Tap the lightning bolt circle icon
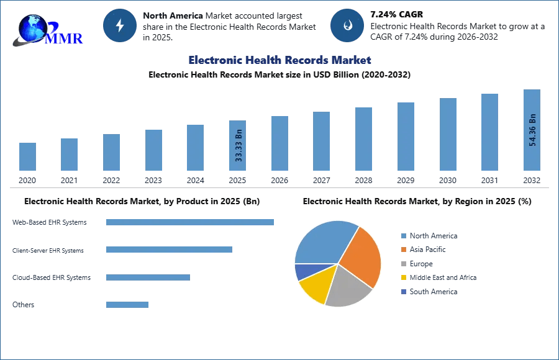(x=120, y=25)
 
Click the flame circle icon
(x=347, y=25)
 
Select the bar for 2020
(x=27, y=156)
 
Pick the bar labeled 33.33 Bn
(x=238, y=145)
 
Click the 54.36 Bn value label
(x=532, y=130)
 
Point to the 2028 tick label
(x=363, y=181)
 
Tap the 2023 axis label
(x=153, y=181)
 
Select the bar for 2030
(x=448, y=134)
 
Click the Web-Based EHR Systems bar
(x=190, y=222)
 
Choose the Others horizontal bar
(x=127, y=305)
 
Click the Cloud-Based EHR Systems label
(x=52, y=277)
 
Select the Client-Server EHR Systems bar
(x=169, y=250)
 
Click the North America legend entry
(x=433, y=236)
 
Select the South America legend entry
(x=433, y=292)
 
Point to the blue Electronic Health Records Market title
(x=279, y=60)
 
